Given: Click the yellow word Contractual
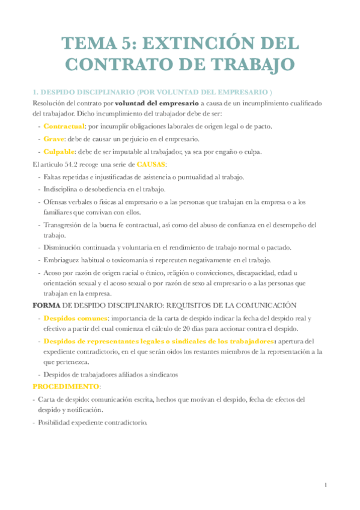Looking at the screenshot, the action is coord(64,126).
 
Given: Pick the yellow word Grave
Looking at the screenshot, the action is coord(54,139).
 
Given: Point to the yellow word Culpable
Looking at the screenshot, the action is coord(59,152).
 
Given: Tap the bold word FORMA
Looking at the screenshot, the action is coord(45,306).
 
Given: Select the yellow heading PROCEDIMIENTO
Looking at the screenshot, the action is coord(66,386).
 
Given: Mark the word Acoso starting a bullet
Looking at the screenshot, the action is coord(52,272).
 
